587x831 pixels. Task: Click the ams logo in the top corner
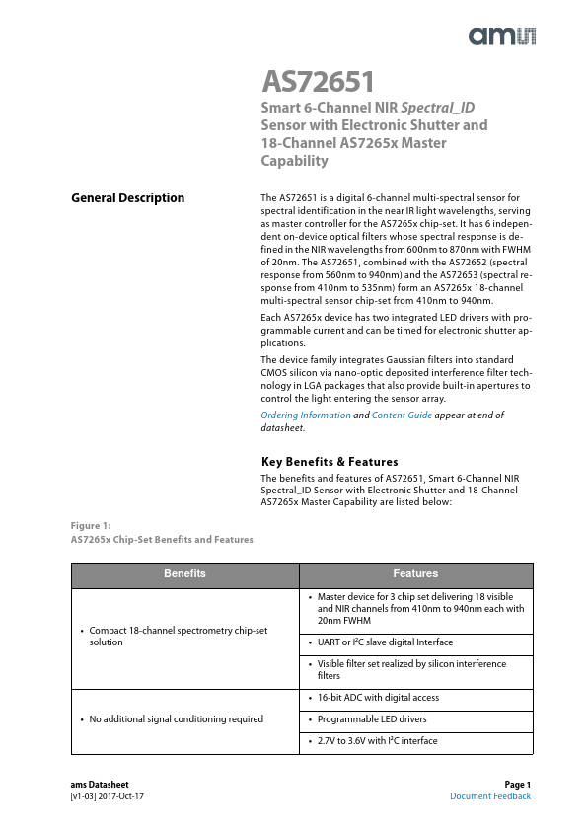pyautogui.click(x=501, y=37)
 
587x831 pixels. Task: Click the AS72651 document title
pyautogui.click(x=317, y=81)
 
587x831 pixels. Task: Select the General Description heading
pyautogui.click(x=127, y=198)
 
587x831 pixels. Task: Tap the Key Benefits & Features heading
pyautogui.click(x=329, y=462)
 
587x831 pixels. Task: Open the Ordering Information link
pyautogui.click(x=305, y=415)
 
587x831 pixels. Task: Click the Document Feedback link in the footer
pyautogui.click(x=489, y=796)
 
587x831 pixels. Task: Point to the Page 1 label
pyautogui.click(x=517, y=784)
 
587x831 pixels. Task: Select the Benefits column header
pyautogui.click(x=184, y=573)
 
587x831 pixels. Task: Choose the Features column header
pyautogui.click(x=415, y=573)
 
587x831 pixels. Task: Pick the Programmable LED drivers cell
pyautogui.click(x=371, y=719)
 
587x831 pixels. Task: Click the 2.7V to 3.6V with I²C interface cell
pyautogui.click(x=377, y=740)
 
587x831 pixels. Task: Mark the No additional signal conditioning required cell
pyautogui.click(x=176, y=719)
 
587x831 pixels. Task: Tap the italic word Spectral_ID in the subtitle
pyautogui.click(x=443, y=107)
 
